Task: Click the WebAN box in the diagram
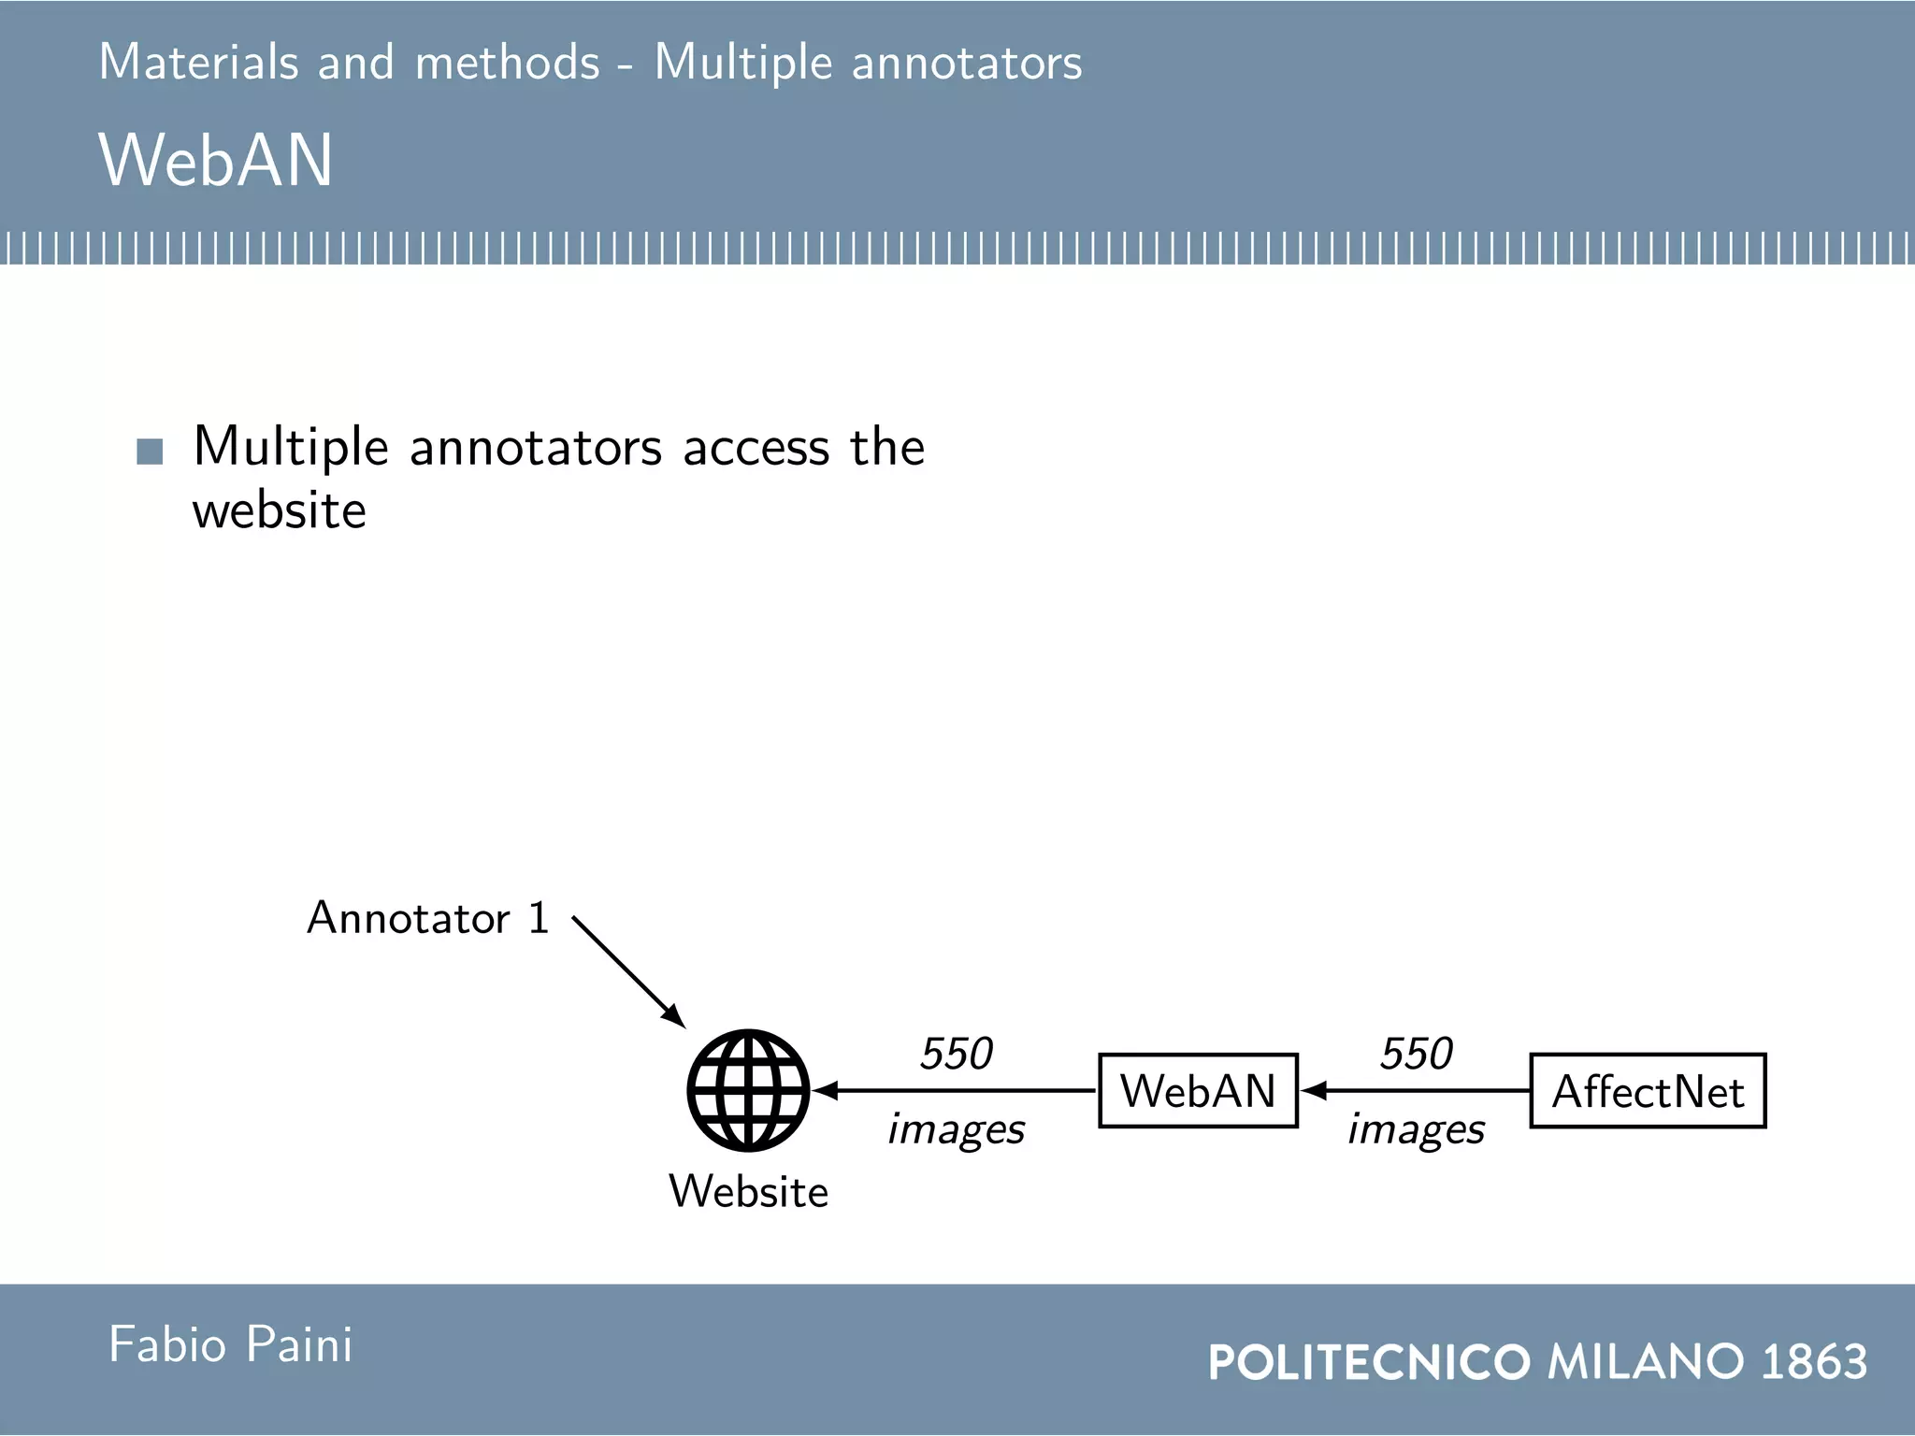(x=1198, y=1091)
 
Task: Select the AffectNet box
(x=1648, y=1091)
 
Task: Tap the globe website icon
(x=748, y=1090)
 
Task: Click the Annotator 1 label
(x=427, y=918)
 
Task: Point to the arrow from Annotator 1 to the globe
(x=628, y=972)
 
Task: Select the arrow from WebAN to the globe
(x=954, y=1090)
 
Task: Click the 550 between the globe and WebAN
(x=956, y=1054)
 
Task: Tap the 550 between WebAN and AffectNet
(x=1416, y=1054)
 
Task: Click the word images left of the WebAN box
(x=956, y=1129)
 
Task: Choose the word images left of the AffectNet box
(x=1416, y=1129)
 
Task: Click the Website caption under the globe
(x=748, y=1192)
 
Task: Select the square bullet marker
(x=150, y=452)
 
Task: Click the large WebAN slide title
(x=215, y=160)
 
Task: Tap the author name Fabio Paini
(x=231, y=1344)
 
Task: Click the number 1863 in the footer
(x=1814, y=1361)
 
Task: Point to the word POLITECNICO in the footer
(x=1369, y=1362)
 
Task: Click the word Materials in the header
(x=198, y=63)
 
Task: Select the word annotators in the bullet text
(x=536, y=447)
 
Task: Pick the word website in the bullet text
(x=279, y=510)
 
